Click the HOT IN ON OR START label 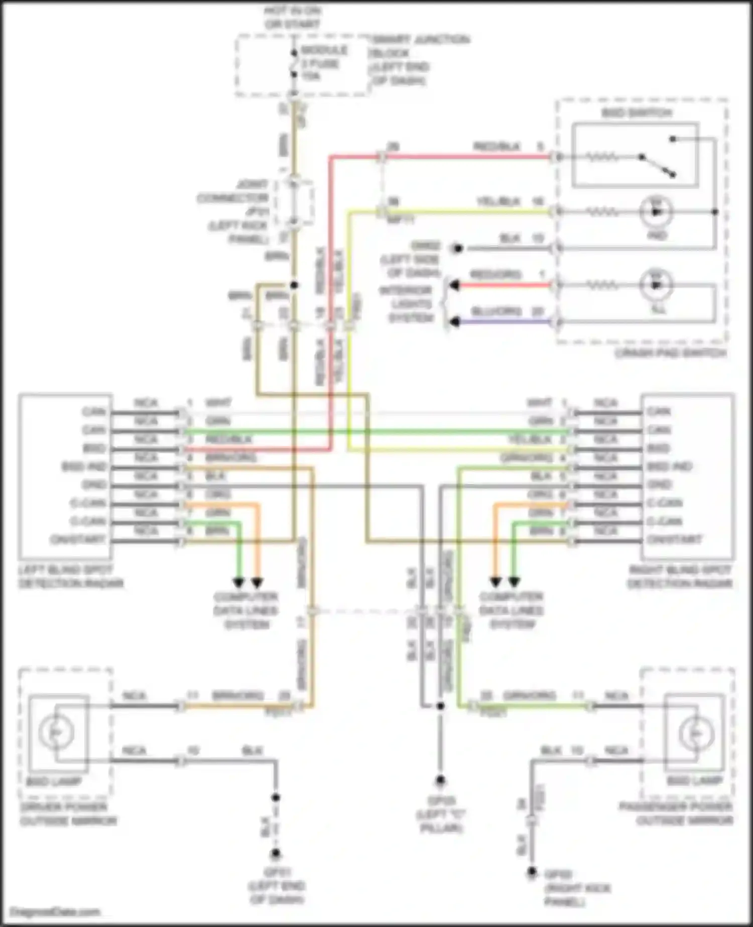point(293,17)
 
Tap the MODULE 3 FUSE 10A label point(323,63)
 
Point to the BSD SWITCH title point(637,112)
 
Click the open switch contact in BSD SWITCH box point(657,165)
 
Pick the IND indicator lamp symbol point(656,212)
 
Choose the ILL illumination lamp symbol point(656,285)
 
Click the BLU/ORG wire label point(496,311)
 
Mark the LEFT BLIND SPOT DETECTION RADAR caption point(70,577)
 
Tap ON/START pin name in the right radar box point(674,540)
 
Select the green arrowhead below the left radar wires point(238,583)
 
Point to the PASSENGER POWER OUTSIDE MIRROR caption point(676,814)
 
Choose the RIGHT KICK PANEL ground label point(577,888)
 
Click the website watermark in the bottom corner point(55,912)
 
